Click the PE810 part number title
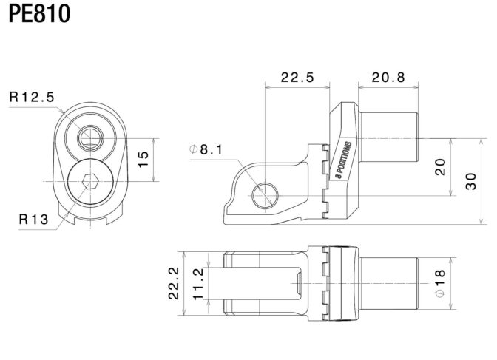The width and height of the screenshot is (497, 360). coord(39,13)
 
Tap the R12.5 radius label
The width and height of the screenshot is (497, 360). coord(32,97)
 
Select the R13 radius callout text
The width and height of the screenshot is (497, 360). coord(33,219)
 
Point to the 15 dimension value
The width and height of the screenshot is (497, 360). coord(143,160)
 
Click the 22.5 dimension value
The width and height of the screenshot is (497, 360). coord(297,78)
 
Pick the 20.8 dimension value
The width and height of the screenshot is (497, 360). coord(388,78)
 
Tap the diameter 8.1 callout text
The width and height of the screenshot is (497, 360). coord(206,149)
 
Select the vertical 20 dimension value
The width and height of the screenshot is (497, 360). coord(440,167)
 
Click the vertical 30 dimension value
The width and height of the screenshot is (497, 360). coord(471,181)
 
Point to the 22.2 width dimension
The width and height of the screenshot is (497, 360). coord(174,283)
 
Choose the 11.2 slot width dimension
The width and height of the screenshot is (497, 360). coord(198,284)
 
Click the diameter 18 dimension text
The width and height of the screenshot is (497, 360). coord(440,283)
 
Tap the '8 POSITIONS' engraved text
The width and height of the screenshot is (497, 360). coord(344,160)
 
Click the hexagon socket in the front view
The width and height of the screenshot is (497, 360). coord(90,182)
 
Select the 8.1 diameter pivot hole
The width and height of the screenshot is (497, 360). coord(265,196)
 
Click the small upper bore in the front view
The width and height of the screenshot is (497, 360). coord(90,138)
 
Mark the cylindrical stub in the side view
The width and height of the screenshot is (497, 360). coord(389,137)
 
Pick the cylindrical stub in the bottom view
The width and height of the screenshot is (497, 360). coord(389,283)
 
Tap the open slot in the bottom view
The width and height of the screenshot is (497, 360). coord(254,283)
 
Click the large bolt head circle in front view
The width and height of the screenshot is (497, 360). coord(90,182)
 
